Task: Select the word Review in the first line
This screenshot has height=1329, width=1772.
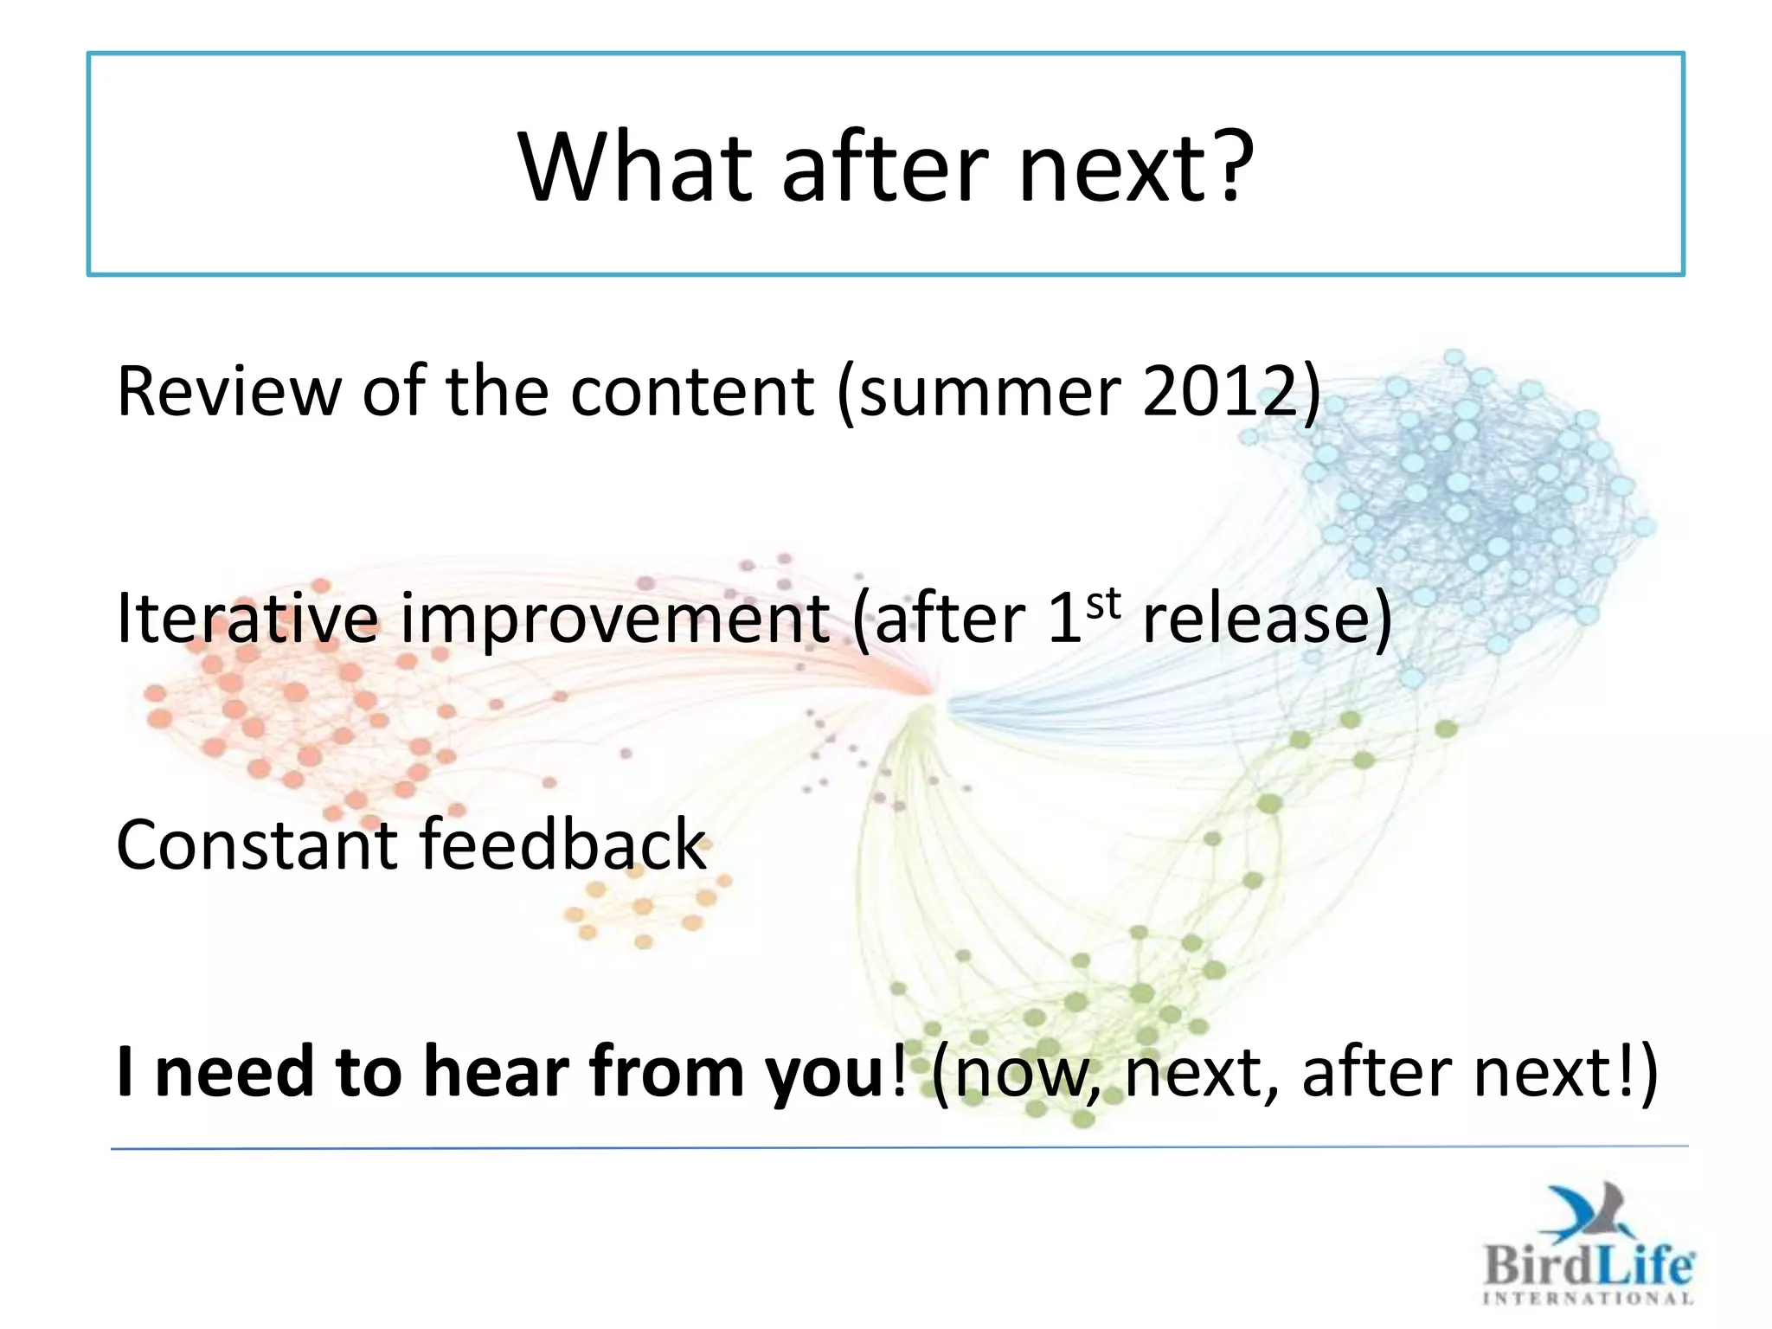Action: click(x=228, y=392)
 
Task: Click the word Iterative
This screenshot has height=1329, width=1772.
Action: click(x=247, y=619)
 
